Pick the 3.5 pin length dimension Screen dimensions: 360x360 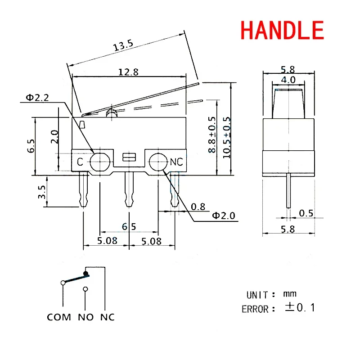(42, 191)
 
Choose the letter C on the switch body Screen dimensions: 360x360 (80, 162)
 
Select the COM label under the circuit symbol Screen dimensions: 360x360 (59, 317)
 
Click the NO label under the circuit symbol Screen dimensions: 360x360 (85, 317)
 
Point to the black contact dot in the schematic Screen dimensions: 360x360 (85, 273)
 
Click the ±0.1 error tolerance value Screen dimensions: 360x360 (300, 308)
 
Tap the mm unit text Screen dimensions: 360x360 (290, 294)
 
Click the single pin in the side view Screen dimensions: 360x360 (288, 191)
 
